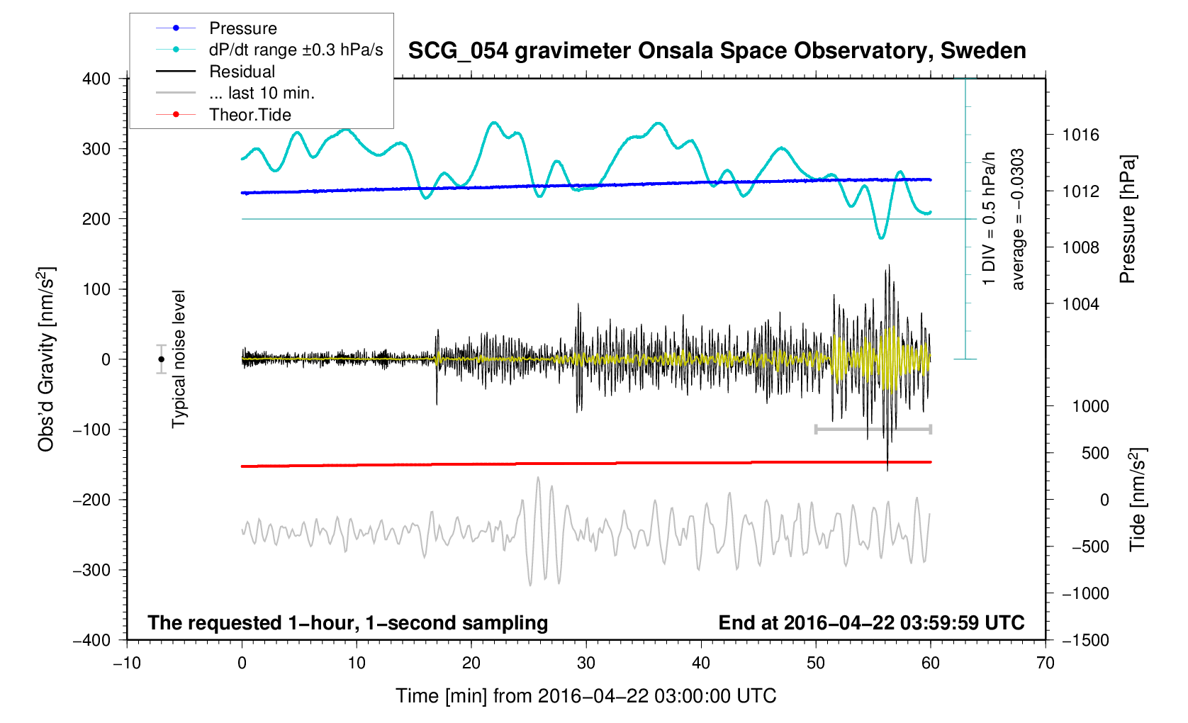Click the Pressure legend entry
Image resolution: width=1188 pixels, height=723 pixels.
[242, 28]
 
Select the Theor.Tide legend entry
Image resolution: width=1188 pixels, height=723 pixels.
[250, 115]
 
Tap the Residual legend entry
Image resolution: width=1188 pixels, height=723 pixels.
[242, 72]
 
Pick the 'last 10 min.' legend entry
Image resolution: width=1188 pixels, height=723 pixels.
[261, 93]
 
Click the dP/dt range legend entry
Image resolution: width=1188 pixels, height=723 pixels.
[296, 50]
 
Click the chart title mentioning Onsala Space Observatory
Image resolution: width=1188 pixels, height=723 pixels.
[717, 51]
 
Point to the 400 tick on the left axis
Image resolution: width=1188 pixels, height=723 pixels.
[96, 79]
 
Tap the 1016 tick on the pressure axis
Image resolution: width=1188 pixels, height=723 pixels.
[1080, 135]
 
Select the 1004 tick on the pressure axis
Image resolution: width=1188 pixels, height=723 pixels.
[1080, 304]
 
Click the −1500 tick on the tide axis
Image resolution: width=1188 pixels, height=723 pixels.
[1085, 640]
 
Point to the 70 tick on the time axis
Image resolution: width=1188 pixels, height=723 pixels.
[1045, 663]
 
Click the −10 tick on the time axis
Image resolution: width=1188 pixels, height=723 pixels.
[127, 663]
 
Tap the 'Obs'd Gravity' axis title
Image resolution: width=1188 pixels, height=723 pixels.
[47, 359]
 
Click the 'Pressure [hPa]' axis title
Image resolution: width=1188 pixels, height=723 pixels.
[1127, 220]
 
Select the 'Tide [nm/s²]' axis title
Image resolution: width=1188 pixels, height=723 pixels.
[1137, 499]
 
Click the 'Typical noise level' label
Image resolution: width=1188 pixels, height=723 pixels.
[179, 359]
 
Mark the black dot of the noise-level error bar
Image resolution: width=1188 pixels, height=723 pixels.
[161, 359]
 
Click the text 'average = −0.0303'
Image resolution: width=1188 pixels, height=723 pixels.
[1018, 220]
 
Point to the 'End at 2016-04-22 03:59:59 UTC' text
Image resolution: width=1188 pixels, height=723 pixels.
[871, 623]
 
